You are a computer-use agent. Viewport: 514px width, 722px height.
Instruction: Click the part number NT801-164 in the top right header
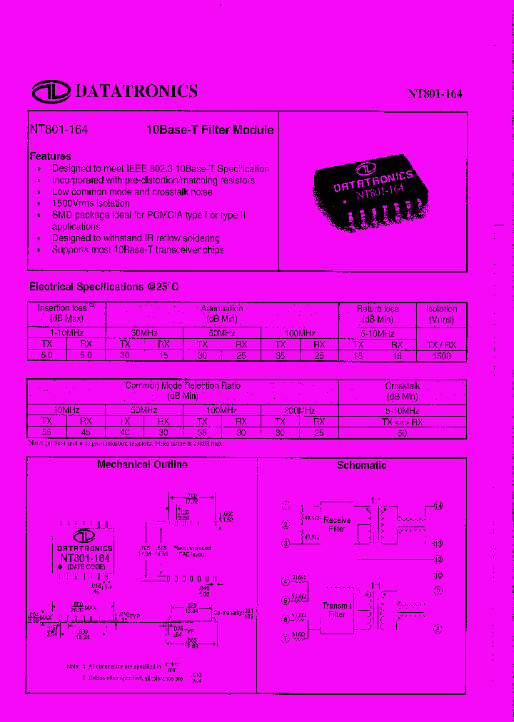coord(435,93)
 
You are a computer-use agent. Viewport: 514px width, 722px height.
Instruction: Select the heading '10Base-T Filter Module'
coord(209,131)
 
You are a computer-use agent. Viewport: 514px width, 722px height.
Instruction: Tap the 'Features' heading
coord(50,156)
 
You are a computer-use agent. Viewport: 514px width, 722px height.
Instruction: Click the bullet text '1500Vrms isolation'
coord(91,203)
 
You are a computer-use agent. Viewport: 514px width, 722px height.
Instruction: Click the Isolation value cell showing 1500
coord(442,355)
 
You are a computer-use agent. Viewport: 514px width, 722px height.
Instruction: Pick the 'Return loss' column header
coord(378,309)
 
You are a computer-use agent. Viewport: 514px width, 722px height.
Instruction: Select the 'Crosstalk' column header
coord(403,385)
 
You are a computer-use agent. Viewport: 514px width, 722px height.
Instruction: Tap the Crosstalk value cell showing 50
coord(403,432)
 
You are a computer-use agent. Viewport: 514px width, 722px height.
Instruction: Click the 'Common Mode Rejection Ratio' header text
coord(183,385)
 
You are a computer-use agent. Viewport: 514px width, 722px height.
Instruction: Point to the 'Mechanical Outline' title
coord(142,464)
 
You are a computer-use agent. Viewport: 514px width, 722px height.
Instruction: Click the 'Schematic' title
coord(362,465)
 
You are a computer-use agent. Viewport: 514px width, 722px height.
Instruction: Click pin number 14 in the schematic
coord(438,507)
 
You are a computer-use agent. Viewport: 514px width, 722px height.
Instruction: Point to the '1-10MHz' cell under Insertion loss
coord(66,333)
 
